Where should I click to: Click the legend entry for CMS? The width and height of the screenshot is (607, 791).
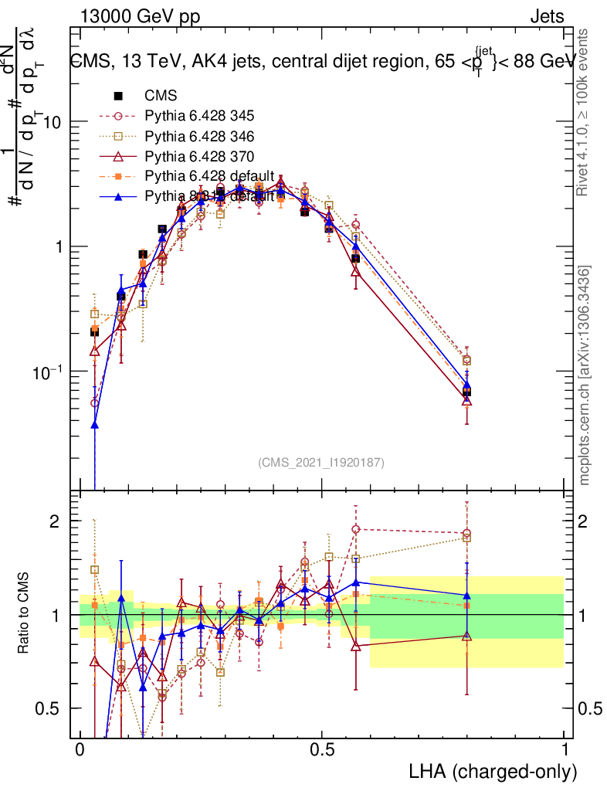161,96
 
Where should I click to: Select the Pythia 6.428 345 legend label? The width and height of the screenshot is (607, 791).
199,116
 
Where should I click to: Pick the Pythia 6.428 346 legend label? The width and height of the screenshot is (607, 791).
199,136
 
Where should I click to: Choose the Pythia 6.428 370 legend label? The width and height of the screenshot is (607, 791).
199,156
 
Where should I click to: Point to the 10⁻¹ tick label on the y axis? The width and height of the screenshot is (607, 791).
48,371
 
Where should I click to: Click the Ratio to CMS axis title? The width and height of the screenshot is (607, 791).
25,614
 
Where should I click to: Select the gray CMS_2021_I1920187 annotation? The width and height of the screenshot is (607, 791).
321,463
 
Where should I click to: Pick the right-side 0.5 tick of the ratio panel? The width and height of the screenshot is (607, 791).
589,708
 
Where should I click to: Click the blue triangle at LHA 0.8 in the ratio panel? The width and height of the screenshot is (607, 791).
466,596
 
